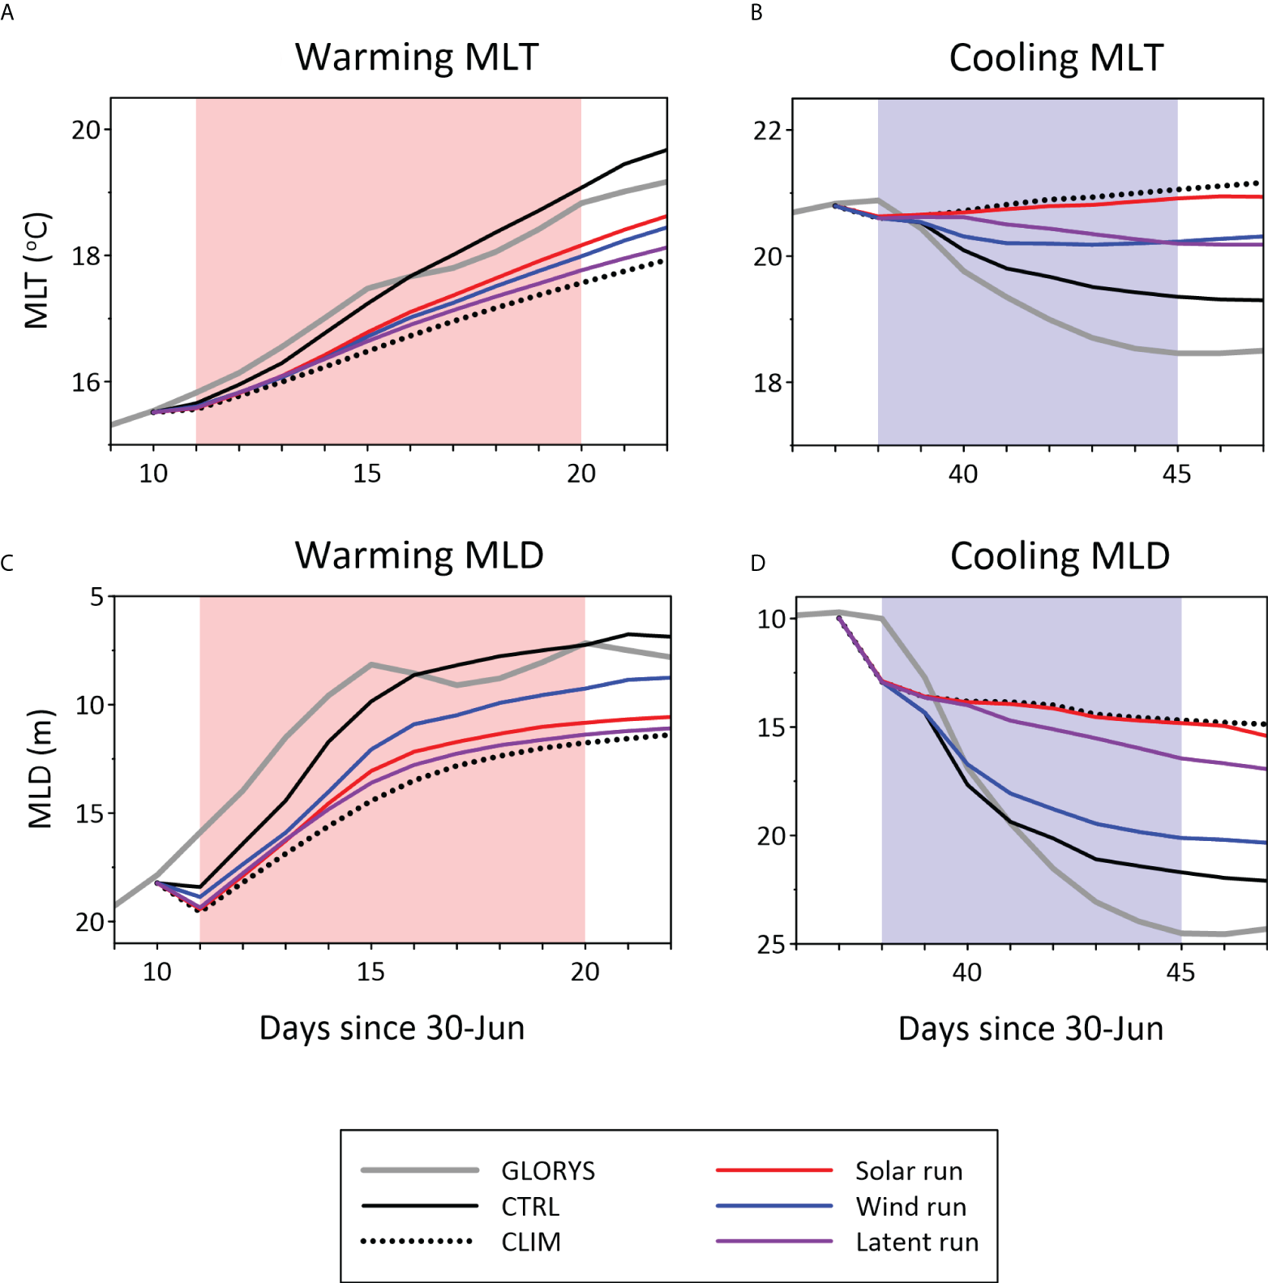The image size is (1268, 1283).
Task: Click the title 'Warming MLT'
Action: (417, 58)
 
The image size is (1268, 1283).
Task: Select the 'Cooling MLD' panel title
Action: (1060, 556)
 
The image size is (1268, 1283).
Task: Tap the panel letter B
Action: (756, 13)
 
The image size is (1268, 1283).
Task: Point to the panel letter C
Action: (7, 563)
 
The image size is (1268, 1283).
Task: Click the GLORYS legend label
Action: (548, 1171)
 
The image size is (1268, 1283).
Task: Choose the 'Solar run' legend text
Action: (909, 1171)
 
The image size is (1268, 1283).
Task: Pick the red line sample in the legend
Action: (774, 1170)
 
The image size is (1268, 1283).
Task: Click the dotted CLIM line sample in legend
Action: (418, 1242)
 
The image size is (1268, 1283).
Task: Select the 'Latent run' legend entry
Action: (917, 1242)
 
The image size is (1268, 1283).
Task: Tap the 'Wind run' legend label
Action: (911, 1207)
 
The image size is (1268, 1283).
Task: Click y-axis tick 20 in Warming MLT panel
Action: (86, 130)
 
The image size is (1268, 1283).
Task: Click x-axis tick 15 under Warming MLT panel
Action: (366, 474)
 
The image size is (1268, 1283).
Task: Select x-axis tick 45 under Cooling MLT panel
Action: (1176, 474)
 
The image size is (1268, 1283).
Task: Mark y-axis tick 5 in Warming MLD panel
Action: (97, 597)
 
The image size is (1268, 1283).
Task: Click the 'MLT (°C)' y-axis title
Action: (37, 271)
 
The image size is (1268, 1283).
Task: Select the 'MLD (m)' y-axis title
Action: (40, 769)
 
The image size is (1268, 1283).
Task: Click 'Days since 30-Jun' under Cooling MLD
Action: (1030, 1028)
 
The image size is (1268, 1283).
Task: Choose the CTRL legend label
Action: (530, 1207)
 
